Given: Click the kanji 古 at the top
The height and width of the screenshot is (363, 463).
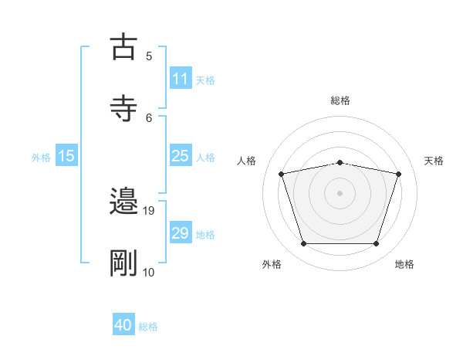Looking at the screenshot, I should tap(123, 47).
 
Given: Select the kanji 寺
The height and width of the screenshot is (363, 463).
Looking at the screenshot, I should tap(123, 109).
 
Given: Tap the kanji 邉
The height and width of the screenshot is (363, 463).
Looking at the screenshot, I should tap(123, 202).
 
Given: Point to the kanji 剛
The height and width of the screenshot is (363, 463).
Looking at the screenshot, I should tap(123, 263).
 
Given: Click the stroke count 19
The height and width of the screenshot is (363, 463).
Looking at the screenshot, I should tap(150, 209).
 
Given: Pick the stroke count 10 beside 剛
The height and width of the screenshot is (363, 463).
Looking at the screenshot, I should tap(149, 272).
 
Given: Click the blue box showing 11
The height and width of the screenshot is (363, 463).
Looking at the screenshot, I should tap(180, 79).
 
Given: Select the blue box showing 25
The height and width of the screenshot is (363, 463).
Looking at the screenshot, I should tap(180, 156).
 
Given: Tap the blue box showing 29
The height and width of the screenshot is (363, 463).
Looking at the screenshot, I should tap(180, 233).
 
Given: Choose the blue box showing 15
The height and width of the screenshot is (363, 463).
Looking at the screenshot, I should tap(66, 156).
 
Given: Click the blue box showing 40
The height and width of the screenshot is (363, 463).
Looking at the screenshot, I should tap(123, 325).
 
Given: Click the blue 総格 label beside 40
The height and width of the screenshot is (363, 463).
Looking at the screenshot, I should tap(148, 327).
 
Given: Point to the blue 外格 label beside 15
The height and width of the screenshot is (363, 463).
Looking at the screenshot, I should tap(41, 157).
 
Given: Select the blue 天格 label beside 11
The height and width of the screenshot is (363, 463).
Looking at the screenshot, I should tap(205, 80).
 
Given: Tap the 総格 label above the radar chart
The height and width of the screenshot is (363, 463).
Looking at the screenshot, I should tap(340, 100).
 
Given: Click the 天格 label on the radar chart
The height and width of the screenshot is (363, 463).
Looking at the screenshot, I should tap(434, 161).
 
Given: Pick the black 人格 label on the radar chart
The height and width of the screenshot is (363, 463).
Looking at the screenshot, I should tap(247, 161).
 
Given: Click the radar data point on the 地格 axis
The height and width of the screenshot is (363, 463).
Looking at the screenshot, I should tap(377, 244).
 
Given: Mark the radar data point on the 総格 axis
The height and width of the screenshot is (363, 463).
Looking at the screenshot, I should tap(340, 162).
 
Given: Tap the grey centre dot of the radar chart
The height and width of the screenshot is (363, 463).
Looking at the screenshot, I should tap(340, 193).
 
